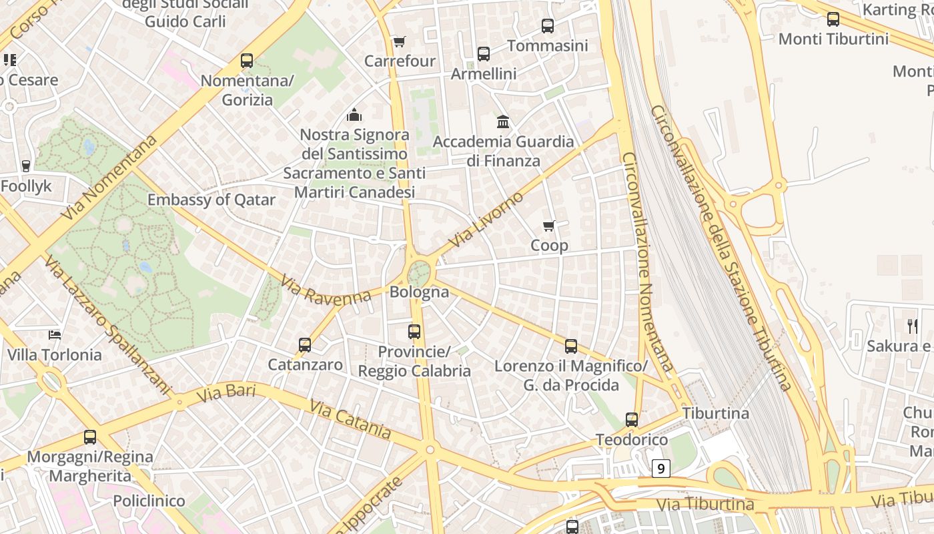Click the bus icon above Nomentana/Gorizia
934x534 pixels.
coord(247,61)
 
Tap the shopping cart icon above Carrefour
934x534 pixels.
coord(399,42)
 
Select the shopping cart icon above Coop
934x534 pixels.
coord(549,226)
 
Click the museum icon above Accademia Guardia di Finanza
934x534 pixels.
coord(503,122)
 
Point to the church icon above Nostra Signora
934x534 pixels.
coord(354,115)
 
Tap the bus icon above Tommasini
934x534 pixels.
coord(548,26)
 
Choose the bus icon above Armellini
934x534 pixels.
coord(484,54)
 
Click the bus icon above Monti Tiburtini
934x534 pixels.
coord(833,19)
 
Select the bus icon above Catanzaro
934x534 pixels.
coord(305,345)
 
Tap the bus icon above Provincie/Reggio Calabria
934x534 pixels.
coord(414,332)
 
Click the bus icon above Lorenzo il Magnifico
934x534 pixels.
coord(571,346)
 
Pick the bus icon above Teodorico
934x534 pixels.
coord(632,421)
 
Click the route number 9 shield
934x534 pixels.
coord(660,469)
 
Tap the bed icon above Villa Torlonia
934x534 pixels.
coord(55,334)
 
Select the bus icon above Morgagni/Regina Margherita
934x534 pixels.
coord(90,438)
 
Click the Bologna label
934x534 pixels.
coord(419,292)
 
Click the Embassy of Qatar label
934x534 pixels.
coord(211,200)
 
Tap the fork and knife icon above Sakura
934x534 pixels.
coord(912,326)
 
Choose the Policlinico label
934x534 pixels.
coord(149,501)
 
